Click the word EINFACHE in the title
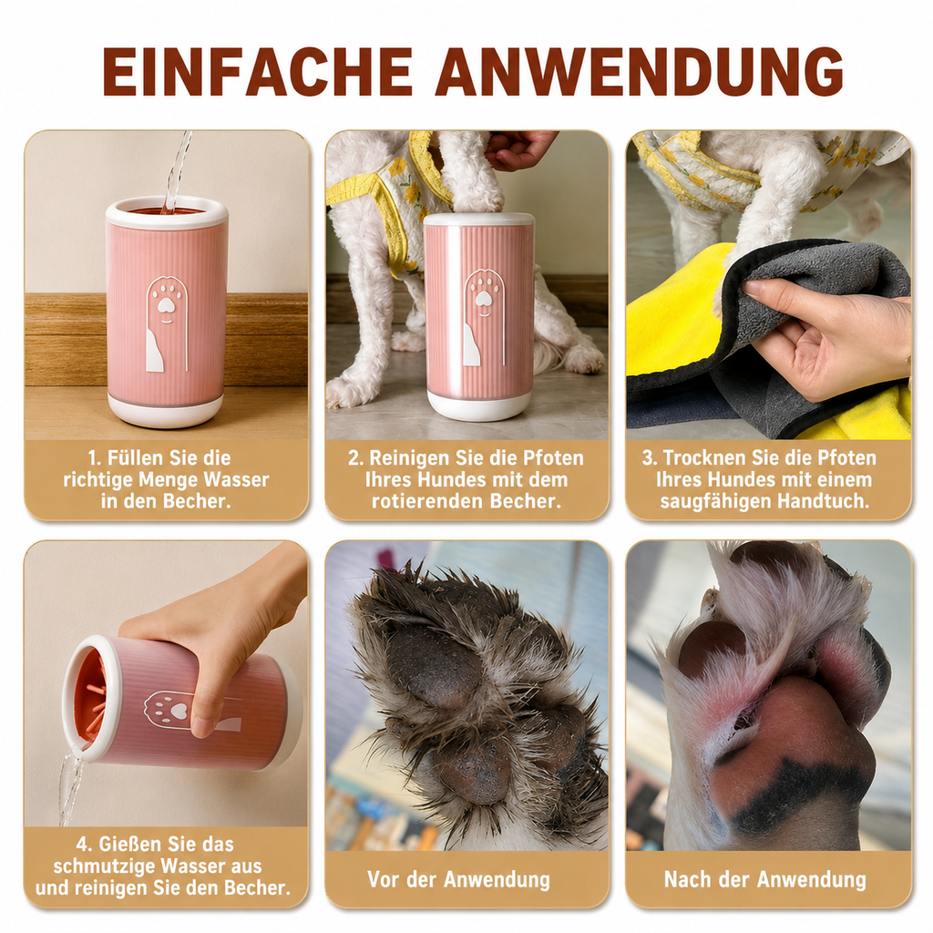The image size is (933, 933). coord(258,71)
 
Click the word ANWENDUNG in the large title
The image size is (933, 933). coord(640,71)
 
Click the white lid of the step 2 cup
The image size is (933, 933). coord(479,220)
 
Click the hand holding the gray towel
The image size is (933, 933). coord(833,336)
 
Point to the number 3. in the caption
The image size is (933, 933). coord(649,458)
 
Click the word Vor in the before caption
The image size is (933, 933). coord(382,879)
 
